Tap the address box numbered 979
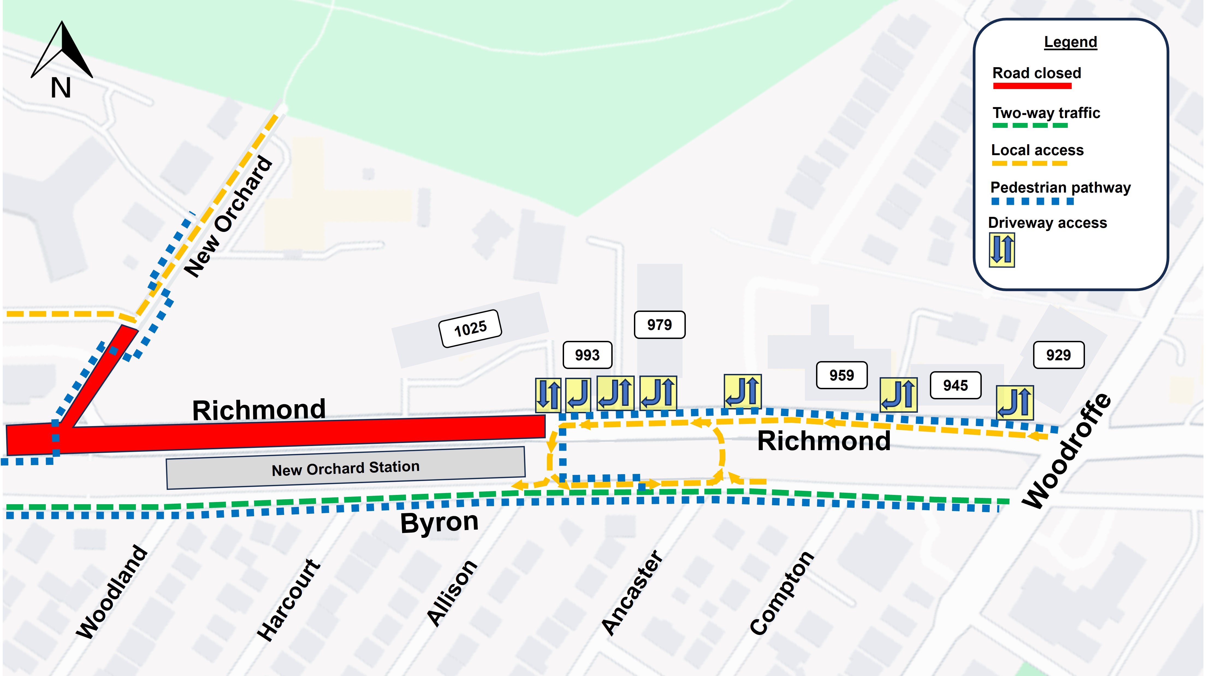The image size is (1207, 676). pos(659,324)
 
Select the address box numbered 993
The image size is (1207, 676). pos(587,355)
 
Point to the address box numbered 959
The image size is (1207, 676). pos(841,375)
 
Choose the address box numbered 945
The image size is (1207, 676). pos(955,385)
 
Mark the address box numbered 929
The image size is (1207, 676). pos(1058,355)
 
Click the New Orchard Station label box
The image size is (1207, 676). pos(346,468)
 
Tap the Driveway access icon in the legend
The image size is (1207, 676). pos(1002,250)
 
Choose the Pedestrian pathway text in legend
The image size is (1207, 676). pos(1060,188)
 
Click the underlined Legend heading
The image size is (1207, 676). pos(1070,42)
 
